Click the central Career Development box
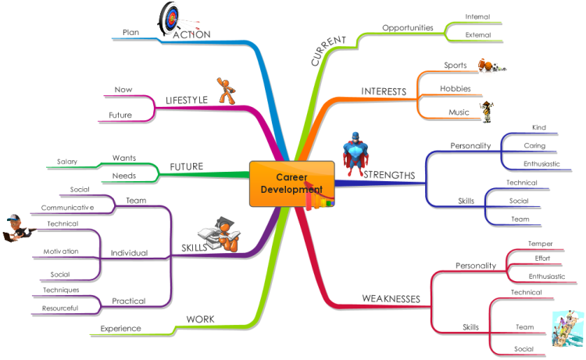point(292,184)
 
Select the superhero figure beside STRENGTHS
point(355,154)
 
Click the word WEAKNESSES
point(391,299)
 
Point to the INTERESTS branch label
point(384,91)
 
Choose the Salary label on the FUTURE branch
point(67,162)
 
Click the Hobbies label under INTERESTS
point(456,88)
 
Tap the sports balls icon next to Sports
point(491,66)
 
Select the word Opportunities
point(408,27)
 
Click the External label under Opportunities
point(478,34)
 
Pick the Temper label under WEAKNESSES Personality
point(540,244)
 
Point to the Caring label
point(534,146)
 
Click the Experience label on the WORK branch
point(120,329)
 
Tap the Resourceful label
point(60,308)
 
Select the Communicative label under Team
point(68,208)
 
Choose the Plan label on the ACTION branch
point(130,33)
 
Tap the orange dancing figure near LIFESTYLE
point(226,91)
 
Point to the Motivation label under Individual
point(61,251)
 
